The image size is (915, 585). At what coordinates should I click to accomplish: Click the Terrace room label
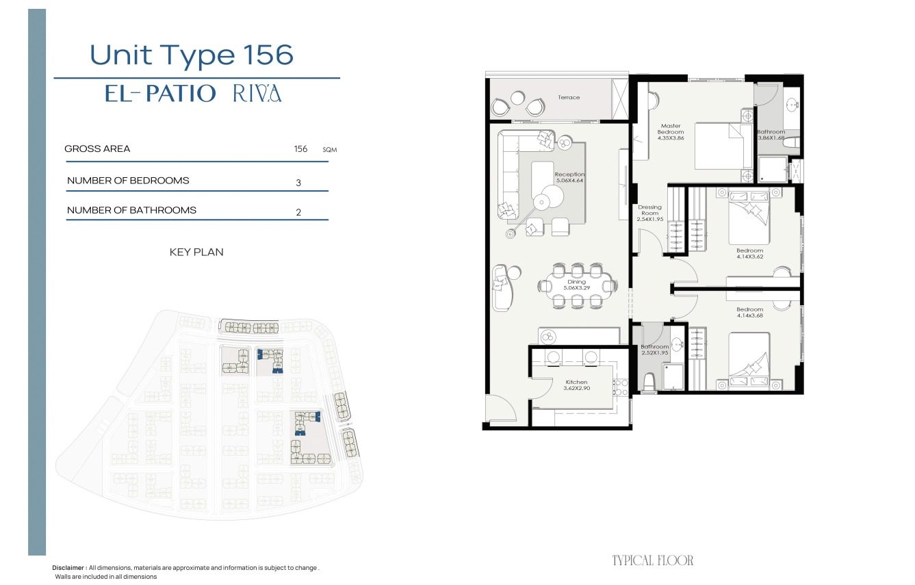(569, 97)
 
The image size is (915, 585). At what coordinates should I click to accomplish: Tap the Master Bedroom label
(671, 132)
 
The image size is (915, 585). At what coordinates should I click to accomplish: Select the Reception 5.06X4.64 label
(569, 177)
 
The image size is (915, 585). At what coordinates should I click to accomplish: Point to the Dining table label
(577, 285)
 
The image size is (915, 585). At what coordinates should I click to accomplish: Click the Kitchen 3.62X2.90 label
(576, 385)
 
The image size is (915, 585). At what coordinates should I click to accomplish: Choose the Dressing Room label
(650, 213)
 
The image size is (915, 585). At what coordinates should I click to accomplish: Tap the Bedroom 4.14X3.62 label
(750, 254)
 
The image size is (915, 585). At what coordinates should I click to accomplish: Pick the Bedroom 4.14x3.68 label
(750, 313)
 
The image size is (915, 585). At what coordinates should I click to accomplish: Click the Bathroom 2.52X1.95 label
(655, 350)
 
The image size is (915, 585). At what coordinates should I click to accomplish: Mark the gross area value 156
(300, 149)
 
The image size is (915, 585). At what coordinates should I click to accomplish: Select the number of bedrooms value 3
(298, 183)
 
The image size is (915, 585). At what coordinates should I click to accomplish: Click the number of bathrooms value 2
(298, 212)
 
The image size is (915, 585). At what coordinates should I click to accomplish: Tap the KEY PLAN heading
(196, 252)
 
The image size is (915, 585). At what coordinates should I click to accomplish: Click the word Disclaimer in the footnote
(68, 568)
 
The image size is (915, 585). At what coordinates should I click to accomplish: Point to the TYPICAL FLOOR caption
(653, 560)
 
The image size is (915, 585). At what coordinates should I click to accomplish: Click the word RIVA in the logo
(257, 93)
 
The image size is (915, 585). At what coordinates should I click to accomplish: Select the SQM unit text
(330, 150)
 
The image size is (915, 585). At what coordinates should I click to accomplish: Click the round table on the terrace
(517, 98)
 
